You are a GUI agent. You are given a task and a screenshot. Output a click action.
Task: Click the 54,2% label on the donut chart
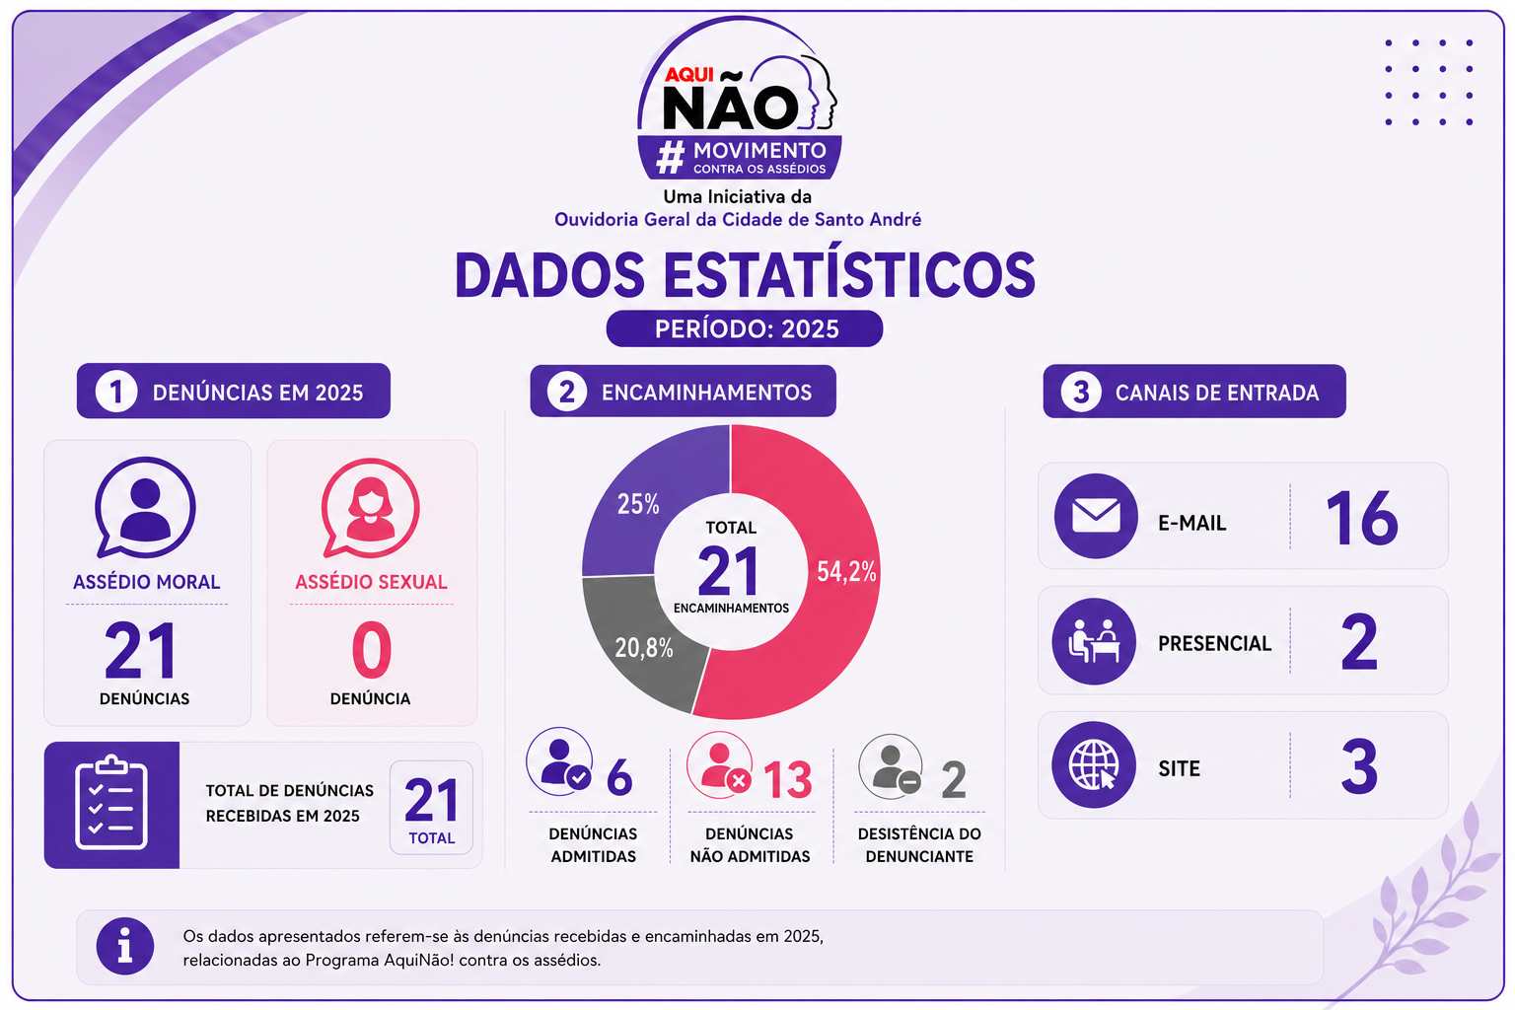(x=846, y=572)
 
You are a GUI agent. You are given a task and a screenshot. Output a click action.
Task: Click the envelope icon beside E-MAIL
(x=1096, y=516)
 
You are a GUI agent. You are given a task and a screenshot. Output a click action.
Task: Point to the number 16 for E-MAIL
(x=1361, y=518)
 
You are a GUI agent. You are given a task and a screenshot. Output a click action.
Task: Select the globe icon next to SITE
(x=1094, y=765)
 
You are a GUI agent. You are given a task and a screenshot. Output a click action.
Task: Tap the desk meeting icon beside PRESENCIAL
(x=1094, y=641)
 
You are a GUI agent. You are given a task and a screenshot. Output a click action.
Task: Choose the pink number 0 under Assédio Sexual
(x=371, y=649)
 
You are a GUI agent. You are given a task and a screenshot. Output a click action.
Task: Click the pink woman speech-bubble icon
(x=370, y=508)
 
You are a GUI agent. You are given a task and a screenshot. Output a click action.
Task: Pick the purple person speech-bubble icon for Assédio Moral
(x=145, y=507)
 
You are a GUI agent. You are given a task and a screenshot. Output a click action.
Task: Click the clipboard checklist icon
(x=111, y=803)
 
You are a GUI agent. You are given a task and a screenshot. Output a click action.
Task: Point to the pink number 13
(x=788, y=780)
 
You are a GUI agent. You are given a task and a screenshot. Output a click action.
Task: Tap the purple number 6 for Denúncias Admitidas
(x=619, y=778)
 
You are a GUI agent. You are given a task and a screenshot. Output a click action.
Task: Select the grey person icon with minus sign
(x=891, y=766)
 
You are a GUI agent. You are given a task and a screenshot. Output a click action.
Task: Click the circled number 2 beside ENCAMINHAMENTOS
(x=567, y=392)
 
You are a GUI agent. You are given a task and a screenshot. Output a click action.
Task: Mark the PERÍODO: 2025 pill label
(x=745, y=328)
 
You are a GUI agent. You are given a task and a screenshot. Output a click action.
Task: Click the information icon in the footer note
(x=125, y=946)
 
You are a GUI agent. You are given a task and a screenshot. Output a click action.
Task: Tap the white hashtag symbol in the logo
(x=671, y=158)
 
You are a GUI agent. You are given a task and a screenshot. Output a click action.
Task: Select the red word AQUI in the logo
(x=689, y=74)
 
